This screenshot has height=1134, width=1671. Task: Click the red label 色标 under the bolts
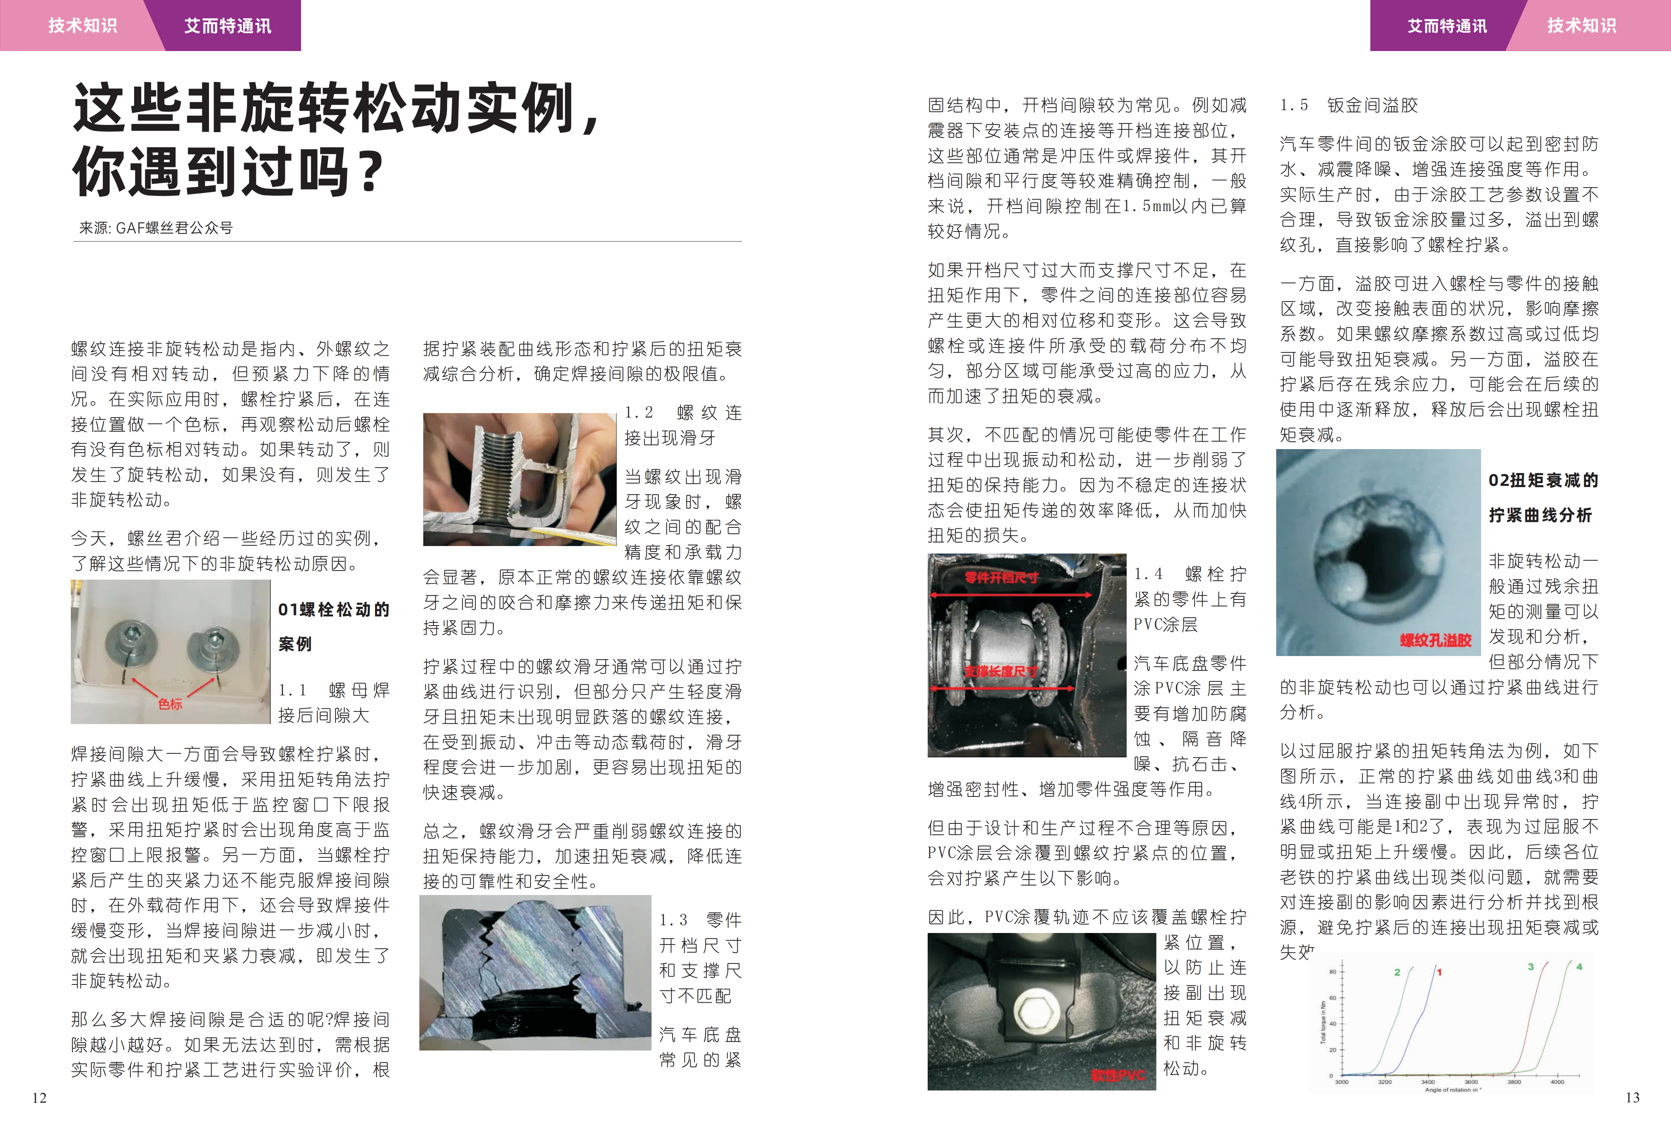pyautogui.click(x=171, y=704)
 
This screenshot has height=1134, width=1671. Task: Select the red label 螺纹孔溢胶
pyautogui.click(x=1435, y=640)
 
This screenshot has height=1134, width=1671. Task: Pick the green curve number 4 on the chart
pyautogui.click(x=1579, y=967)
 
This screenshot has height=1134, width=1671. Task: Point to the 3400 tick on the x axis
pyautogui.click(x=1428, y=1081)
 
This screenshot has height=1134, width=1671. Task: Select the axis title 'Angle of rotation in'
pyautogui.click(x=1451, y=1090)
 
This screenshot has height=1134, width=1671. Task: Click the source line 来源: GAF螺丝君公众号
pyautogui.click(x=156, y=228)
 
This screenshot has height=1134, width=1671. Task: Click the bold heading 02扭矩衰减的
pyautogui.click(x=1543, y=480)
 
